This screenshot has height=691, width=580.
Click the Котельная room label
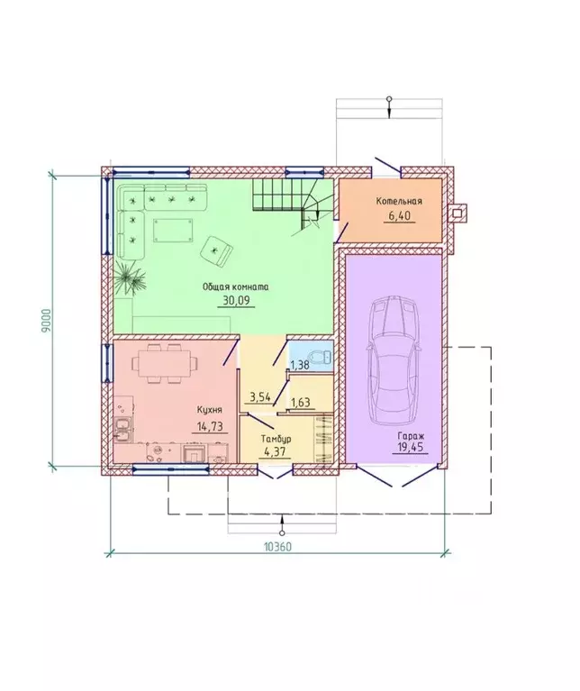[x=399, y=202]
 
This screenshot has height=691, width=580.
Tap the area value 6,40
[x=399, y=216]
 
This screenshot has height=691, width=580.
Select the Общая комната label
[x=236, y=286]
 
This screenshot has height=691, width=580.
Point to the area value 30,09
[x=237, y=301]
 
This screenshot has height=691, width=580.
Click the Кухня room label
[x=210, y=410]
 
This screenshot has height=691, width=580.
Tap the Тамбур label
[x=276, y=439]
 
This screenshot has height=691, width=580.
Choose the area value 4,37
[x=275, y=452]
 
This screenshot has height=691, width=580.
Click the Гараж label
[x=411, y=435]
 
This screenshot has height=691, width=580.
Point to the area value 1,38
[x=299, y=365]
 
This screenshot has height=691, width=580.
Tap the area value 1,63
[x=301, y=402]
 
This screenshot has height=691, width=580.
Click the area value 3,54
[x=260, y=397]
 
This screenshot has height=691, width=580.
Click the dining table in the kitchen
[x=164, y=364]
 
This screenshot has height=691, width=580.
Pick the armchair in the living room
[x=216, y=250]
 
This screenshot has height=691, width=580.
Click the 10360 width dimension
[x=278, y=547]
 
